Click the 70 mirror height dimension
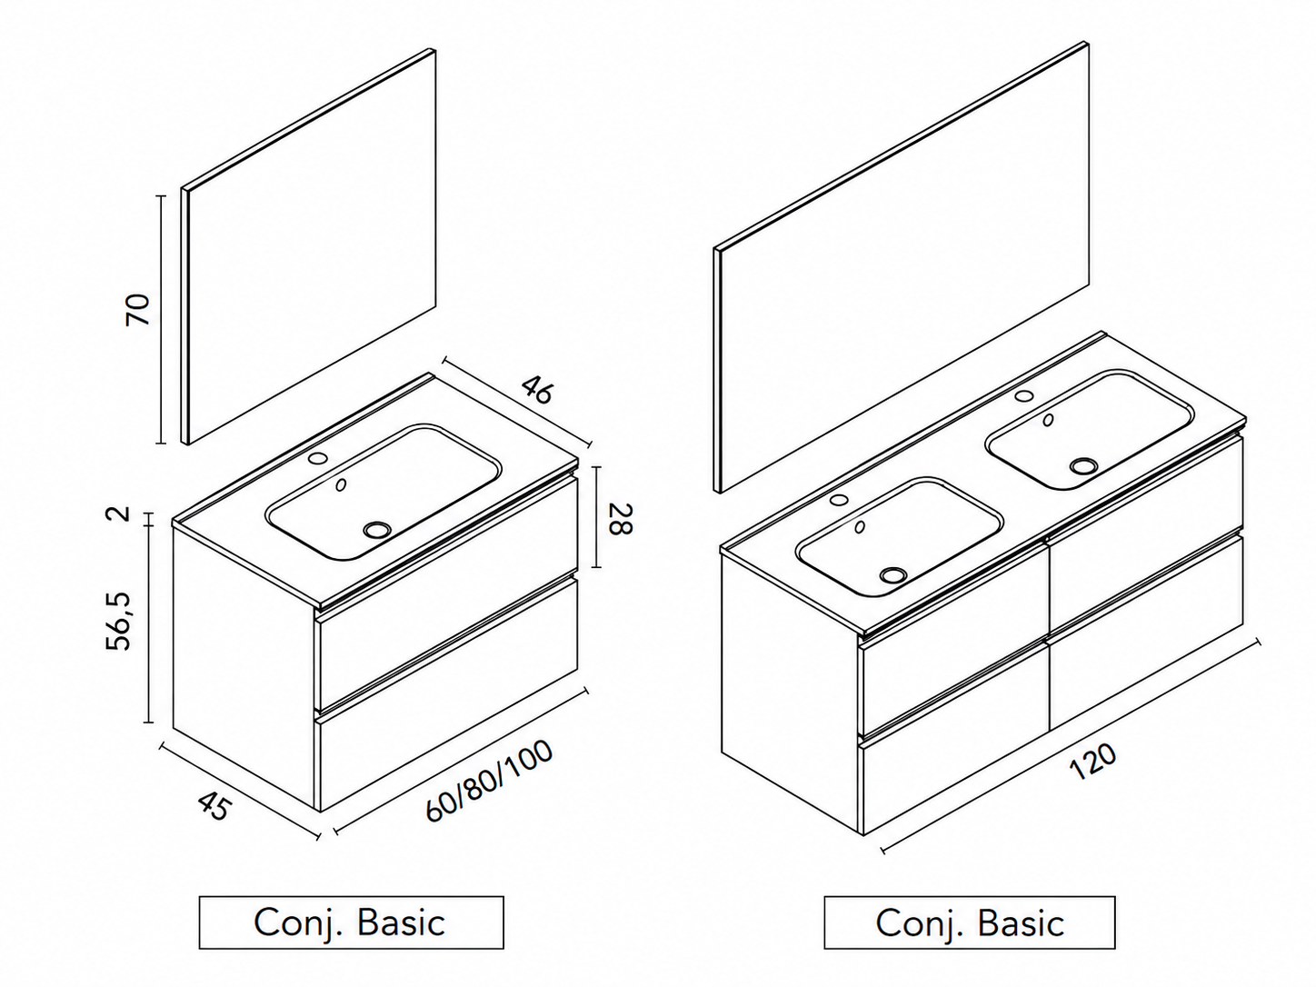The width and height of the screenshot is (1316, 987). [137, 309]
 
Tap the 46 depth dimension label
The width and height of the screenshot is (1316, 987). [536, 390]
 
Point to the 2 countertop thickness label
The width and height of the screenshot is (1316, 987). [121, 513]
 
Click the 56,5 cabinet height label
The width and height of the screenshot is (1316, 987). [118, 622]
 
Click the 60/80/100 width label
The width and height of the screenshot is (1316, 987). [489, 782]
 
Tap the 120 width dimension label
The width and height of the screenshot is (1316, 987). [1092, 762]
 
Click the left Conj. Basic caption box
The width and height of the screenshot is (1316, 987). [352, 922]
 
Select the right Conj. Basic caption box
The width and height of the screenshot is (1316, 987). [970, 922]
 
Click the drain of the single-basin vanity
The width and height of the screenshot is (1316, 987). [377, 529]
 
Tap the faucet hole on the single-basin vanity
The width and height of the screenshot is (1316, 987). [317, 458]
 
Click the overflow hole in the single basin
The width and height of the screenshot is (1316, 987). [341, 484]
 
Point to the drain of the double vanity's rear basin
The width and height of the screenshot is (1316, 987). [1083, 465]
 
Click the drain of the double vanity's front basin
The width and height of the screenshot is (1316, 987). [893, 575]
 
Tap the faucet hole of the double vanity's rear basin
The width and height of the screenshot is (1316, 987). [1024, 395]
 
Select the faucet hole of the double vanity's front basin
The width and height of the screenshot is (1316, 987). [839, 499]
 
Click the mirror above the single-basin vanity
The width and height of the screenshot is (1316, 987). [309, 247]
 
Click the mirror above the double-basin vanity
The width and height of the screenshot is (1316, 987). [902, 267]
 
